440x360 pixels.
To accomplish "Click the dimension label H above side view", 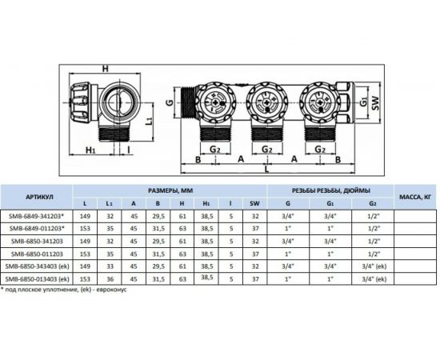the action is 105,69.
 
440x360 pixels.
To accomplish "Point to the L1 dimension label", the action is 150,121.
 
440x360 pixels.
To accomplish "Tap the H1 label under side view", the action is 90,150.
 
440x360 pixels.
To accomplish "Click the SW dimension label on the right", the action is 375,103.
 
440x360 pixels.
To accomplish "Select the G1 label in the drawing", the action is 363,102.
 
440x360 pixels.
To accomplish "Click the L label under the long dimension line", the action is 267,170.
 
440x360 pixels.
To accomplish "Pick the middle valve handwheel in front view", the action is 267,102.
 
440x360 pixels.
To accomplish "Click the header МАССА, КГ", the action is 415,197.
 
